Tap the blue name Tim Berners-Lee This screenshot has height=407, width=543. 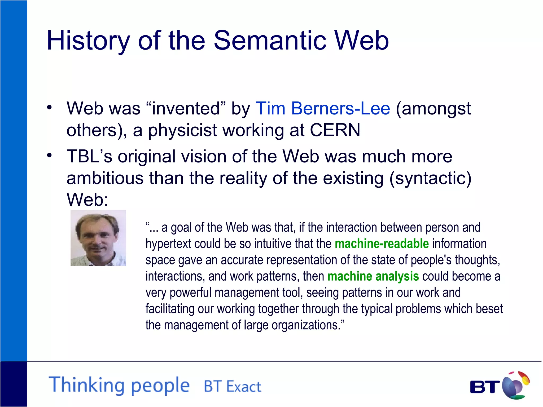(323, 108)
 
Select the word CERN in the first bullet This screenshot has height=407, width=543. (335, 130)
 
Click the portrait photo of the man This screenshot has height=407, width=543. (98, 238)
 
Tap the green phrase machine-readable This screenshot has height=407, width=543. (382, 244)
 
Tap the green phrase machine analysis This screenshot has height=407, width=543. (373, 276)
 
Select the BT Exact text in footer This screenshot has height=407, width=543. (232, 387)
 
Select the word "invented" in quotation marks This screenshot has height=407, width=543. (186, 108)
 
